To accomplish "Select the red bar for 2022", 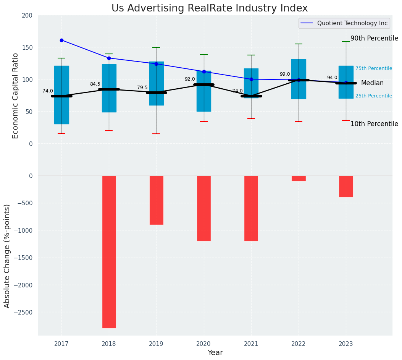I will [x=299, y=178].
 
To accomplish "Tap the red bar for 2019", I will [x=156, y=200].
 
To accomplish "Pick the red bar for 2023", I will [x=346, y=186].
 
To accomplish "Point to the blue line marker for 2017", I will [x=61, y=40].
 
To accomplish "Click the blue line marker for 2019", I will [x=156, y=64].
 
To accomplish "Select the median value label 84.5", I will [x=95, y=84].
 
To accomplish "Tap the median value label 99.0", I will [x=285, y=74].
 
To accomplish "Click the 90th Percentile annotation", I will [x=374, y=38].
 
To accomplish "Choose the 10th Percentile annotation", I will [x=374, y=124].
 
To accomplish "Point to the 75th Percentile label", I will [x=374, y=68].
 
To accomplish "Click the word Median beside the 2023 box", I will [x=372, y=83].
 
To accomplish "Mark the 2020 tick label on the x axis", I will [x=203, y=344].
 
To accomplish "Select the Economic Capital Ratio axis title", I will [x=16, y=96].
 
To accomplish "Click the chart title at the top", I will [x=210, y=8].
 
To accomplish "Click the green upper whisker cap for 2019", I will [x=156, y=47].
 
